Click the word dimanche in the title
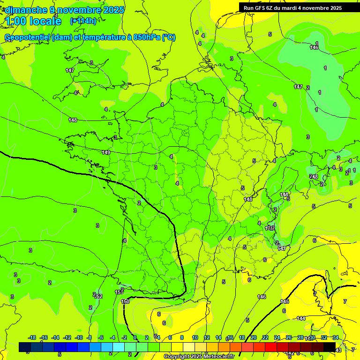25,10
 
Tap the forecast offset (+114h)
83,21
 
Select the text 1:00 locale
34,21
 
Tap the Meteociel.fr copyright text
199,357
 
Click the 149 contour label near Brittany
106,152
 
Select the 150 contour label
125,301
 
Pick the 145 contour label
285,301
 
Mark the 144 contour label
301,318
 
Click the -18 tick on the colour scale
32,337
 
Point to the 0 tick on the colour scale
135,337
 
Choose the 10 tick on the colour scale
195,337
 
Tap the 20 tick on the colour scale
254,337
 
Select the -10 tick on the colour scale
79,337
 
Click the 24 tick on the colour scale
277,337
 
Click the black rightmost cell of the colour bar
330,347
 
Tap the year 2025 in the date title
114,10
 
